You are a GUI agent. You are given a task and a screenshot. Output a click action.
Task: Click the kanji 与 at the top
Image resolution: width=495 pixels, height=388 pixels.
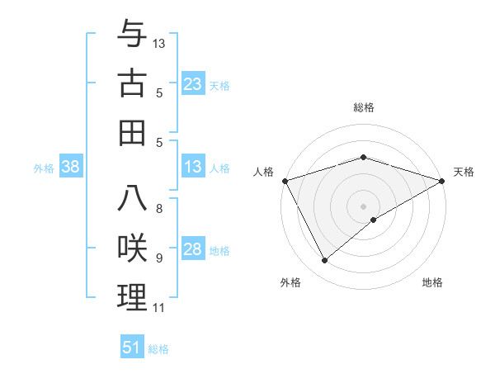(132, 36)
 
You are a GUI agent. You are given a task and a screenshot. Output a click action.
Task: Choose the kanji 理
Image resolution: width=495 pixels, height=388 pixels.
(132, 296)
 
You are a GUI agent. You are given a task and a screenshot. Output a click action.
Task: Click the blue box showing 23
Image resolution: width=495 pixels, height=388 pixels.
(193, 83)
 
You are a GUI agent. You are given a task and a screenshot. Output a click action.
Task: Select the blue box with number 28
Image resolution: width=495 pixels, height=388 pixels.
(193, 249)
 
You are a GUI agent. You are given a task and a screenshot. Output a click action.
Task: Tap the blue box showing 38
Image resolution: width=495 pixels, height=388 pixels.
(71, 167)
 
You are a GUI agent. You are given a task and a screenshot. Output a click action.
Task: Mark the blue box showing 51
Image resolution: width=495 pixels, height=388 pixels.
(132, 348)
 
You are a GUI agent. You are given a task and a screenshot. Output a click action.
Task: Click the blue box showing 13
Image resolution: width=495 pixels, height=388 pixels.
(193, 167)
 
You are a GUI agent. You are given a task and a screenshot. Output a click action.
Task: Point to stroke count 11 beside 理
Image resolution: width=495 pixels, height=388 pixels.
(158, 308)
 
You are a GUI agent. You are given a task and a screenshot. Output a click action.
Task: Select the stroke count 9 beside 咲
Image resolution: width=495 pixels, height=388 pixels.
(158, 258)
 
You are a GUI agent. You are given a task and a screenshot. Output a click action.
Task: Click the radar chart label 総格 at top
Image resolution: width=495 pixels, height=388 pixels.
(364, 107)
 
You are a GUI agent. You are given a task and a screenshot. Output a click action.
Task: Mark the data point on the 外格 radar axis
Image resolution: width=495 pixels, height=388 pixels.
(324, 261)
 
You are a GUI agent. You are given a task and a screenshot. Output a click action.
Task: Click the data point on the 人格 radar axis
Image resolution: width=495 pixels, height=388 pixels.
(285, 180)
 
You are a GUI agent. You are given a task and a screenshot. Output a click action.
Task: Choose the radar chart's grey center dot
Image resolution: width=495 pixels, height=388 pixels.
(364, 206)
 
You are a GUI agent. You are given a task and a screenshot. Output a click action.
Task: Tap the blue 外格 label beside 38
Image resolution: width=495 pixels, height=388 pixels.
(44, 168)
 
